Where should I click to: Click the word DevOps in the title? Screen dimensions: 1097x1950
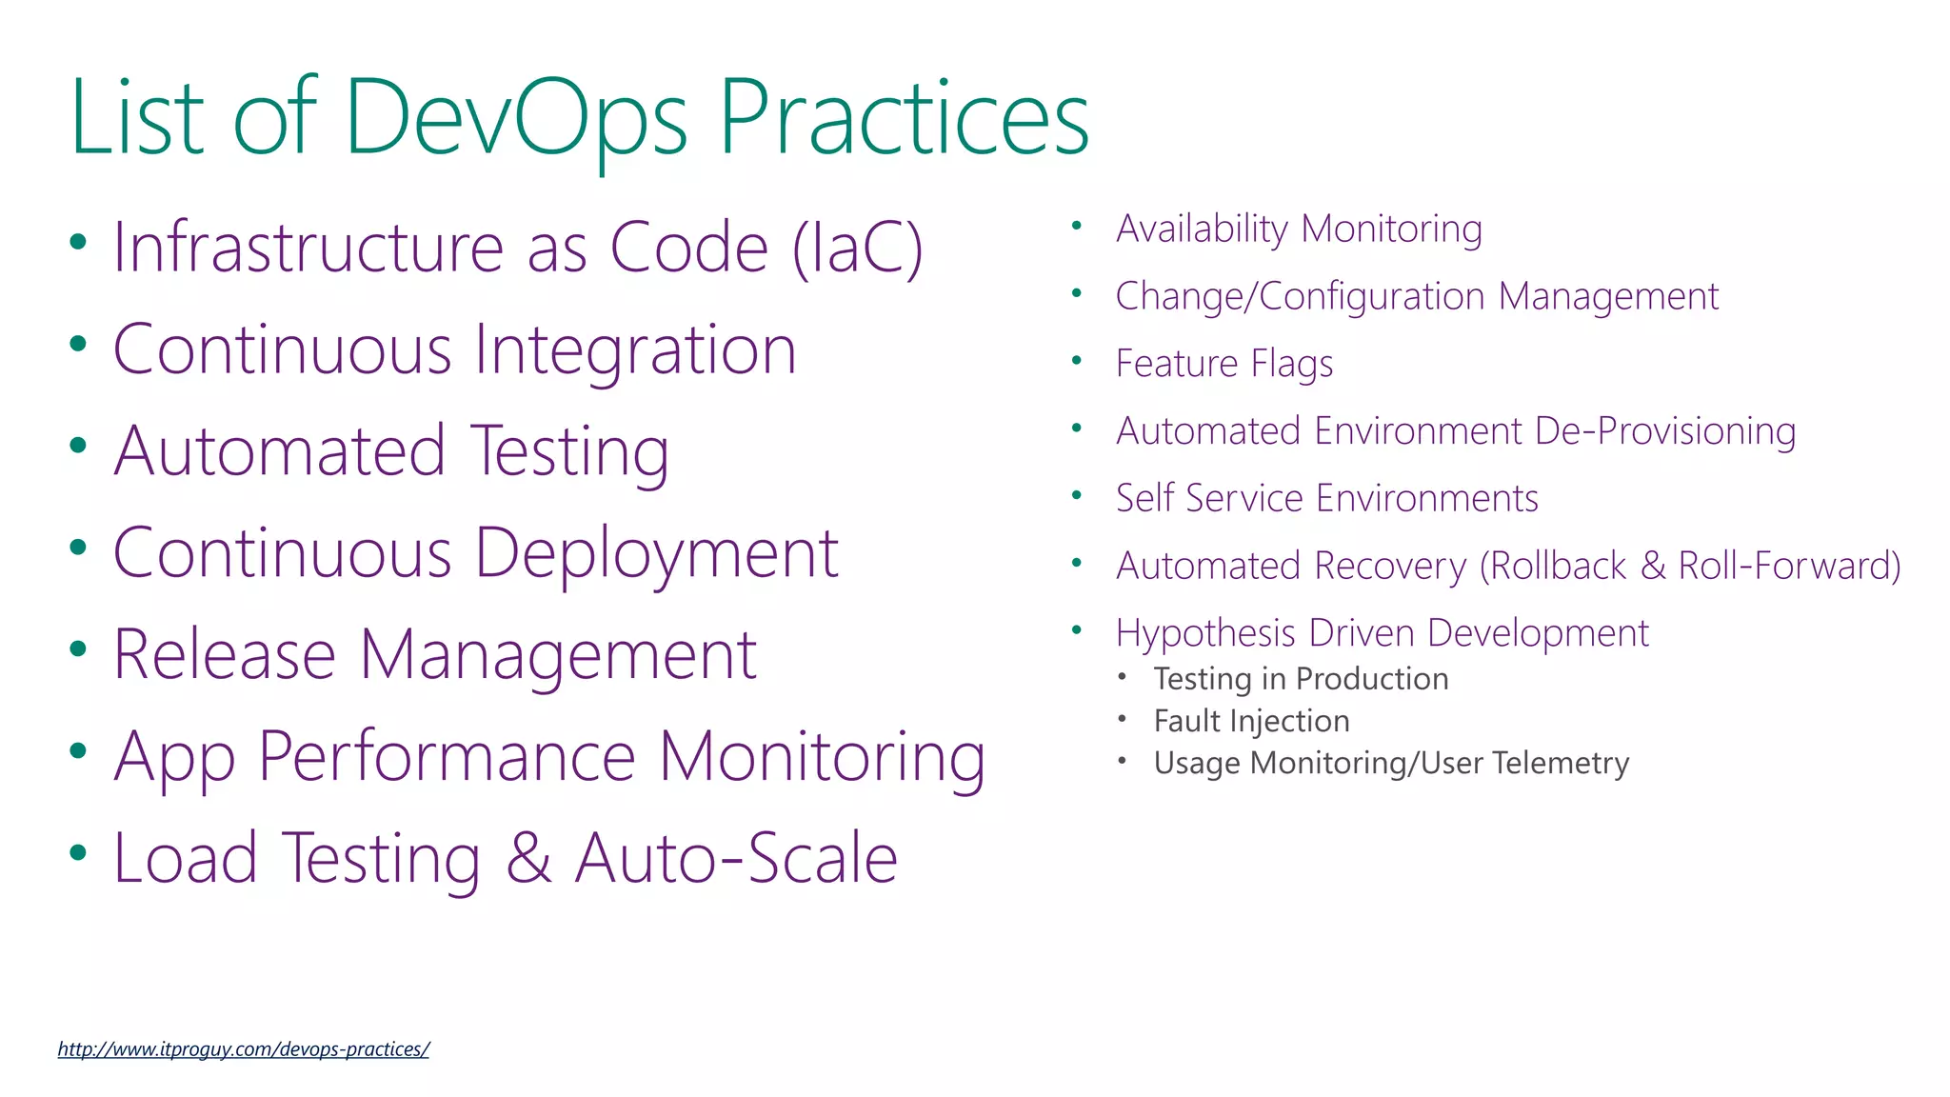click(x=514, y=119)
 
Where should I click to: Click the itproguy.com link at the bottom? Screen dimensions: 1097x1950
click(x=243, y=1049)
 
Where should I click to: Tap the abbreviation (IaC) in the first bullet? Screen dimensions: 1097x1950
click(x=858, y=248)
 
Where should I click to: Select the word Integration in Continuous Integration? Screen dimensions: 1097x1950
click(x=635, y=349)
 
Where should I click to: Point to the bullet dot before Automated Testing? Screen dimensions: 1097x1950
click(x=78, y=445)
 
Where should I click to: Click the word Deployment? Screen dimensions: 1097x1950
click(x=656, y=554)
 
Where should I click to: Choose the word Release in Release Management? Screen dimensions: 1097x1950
click(x=225, y=655)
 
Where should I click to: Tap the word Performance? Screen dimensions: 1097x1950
click(x=447, y=757)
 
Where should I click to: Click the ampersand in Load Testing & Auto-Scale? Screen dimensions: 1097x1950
click(x=528, y=858)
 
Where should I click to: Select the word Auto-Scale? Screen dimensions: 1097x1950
click(x=736, y=858)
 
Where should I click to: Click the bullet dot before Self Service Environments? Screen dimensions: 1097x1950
click(x=1077, y=495)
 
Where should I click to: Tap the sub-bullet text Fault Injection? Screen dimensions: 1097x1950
click(x=1251, y=721)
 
